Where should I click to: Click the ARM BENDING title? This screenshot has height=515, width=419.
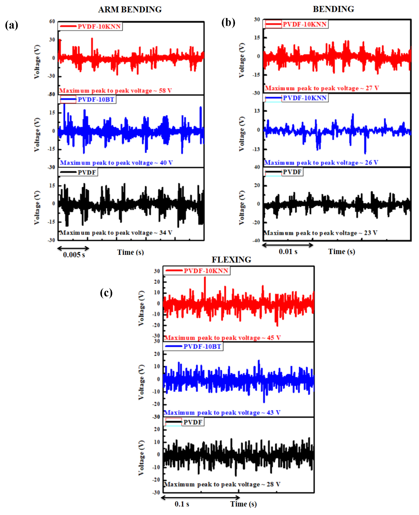130,10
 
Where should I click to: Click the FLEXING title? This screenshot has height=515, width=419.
231,260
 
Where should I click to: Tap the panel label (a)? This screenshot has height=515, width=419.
11,25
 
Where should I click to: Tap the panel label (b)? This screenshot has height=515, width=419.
228,23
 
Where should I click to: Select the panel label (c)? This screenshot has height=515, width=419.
106,293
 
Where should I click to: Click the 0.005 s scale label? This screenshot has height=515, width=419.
74,255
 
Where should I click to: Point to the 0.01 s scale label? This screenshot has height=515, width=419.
288,252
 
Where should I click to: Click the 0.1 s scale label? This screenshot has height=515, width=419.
182,504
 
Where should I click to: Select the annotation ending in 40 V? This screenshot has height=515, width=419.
116,163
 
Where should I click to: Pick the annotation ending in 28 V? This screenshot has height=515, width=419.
222,484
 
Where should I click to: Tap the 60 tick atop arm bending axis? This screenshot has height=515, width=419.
52,21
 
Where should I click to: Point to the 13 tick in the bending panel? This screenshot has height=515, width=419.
257,111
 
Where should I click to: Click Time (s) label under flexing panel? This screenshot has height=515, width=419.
243,504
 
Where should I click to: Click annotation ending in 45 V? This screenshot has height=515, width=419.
222,338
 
